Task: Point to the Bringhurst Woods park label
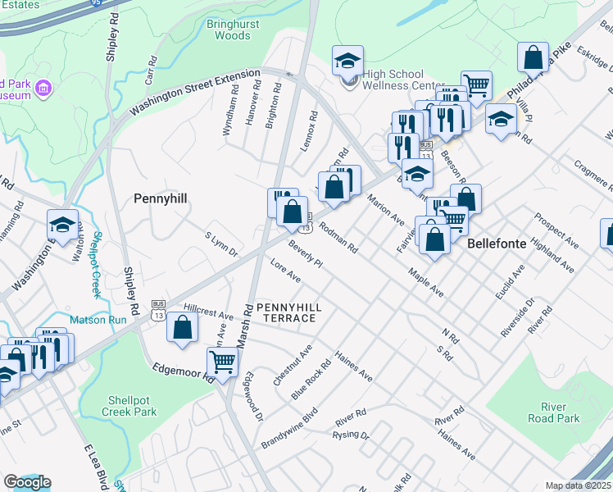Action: point(221,30)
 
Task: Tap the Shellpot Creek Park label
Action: point(131,407)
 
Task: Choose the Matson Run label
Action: point(99,320)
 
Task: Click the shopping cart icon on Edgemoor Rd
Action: point(223,359)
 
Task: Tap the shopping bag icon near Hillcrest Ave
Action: point(181,328)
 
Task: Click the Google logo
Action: point(27,482)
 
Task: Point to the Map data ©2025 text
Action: point(577,485)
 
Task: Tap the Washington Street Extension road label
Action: point(188,93)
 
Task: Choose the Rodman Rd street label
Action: point(338,238)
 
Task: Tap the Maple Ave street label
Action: point(425,280)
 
